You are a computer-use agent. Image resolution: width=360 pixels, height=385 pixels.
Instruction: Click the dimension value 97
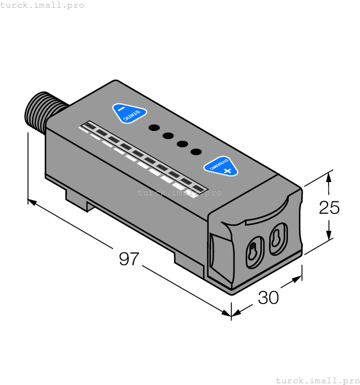click(x=129, y=259)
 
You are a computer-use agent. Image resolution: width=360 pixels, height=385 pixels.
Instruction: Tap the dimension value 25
click(x=329, y=207)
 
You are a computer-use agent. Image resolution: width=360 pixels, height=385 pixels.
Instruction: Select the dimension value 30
click(x=268, y=298)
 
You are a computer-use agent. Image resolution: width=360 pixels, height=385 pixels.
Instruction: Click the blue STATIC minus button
click(x=129, y=113)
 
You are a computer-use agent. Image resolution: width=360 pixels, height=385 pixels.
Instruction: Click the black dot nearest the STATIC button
click(x=155, y=128)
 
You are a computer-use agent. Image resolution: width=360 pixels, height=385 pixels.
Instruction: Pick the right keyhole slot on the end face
click(x=279, y=238)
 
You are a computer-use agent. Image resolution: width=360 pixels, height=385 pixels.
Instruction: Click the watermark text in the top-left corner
click(x=42, y=5)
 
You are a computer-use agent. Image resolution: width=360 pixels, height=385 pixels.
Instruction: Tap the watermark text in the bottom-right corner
click(x=317, y=380)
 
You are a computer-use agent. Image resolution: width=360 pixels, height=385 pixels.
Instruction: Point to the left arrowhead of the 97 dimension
click(x=32, y=202)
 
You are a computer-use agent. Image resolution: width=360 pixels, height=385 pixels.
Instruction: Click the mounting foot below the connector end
click(x=77, y=199)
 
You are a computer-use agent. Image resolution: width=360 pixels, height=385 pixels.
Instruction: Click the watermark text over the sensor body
click(x=179, y=193)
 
